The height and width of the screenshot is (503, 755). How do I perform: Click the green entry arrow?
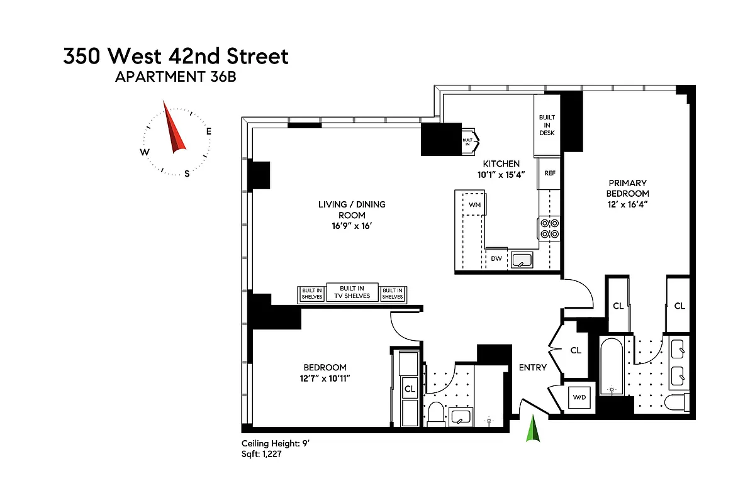tap(533, 429)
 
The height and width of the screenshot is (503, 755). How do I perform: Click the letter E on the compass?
tap(208, 131)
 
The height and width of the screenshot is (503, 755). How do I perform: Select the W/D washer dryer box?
tap(578, 397)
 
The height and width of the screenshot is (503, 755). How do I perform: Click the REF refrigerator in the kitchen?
tap(549, 174)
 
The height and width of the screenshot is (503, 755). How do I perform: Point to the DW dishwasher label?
tap(496, 258)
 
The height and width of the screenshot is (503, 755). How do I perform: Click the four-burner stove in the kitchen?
tap(549, 229)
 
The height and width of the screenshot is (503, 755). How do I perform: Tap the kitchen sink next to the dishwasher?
tap(522, 258)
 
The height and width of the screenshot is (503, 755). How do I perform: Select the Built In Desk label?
tap(547, 125)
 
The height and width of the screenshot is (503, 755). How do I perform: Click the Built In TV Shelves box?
tap(352, 292)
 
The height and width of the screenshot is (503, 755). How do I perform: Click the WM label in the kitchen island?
tap(475, 205)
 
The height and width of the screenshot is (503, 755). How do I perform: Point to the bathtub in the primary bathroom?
tap(611, 366)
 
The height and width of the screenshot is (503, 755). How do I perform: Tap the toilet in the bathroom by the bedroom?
tap(436, 414)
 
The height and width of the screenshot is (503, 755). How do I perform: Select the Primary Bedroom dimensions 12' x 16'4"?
tap(627, 204)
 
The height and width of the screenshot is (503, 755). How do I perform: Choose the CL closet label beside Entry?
tap(575, 350)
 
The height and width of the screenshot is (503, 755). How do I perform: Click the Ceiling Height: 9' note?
tap(276, 443)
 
